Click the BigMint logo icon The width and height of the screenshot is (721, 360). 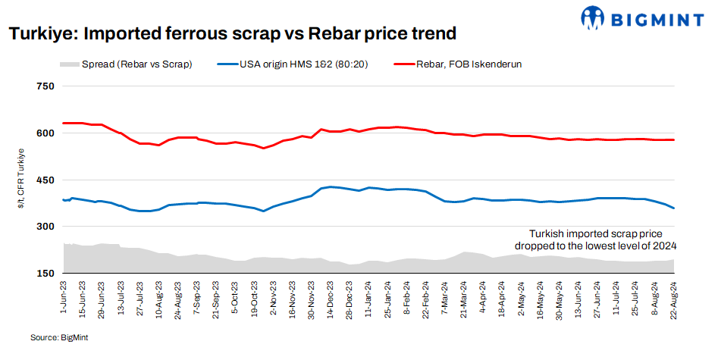[x=593, y=17]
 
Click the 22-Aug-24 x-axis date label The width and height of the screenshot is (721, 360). [x=673, y=299]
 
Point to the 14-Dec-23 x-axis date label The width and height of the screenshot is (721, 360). [x=331, y=299]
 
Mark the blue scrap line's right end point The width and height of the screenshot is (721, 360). [x=673, y=208]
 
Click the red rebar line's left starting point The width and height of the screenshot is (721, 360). [x=64, y=123]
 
